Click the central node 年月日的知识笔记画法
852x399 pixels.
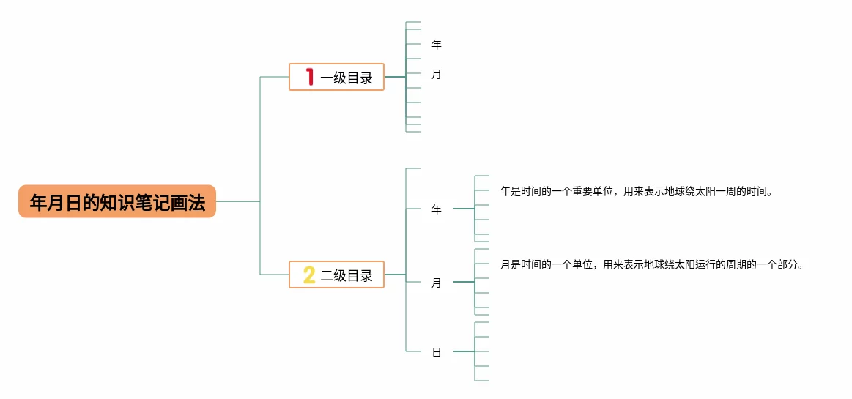coord(117,201)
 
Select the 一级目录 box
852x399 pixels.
coord(336,77)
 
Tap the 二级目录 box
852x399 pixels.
coord(336,275)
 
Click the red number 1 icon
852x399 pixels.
coord(310,77)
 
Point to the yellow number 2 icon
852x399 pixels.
coord(309,275)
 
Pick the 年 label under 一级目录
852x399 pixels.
coord(437,45)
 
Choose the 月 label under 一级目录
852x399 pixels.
coord(437,74)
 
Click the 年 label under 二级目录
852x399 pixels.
coord(437,209)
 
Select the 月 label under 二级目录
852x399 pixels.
coord(437,283)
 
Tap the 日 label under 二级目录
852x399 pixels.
coord(437,352)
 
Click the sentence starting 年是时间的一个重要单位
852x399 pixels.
coord(637,192)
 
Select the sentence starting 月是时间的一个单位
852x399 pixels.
coord(652,265)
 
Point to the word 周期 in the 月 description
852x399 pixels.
coord(738,265)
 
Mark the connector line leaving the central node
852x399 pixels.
coord(238,201)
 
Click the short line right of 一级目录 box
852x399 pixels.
coord(395,77)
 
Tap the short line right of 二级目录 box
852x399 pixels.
coord(395,275)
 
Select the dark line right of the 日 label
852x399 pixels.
coord(463,352)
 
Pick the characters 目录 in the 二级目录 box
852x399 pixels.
coord(360,275)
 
